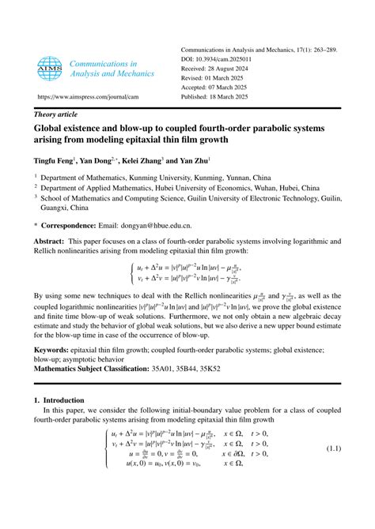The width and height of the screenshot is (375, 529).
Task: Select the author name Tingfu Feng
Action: coord(55,161)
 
